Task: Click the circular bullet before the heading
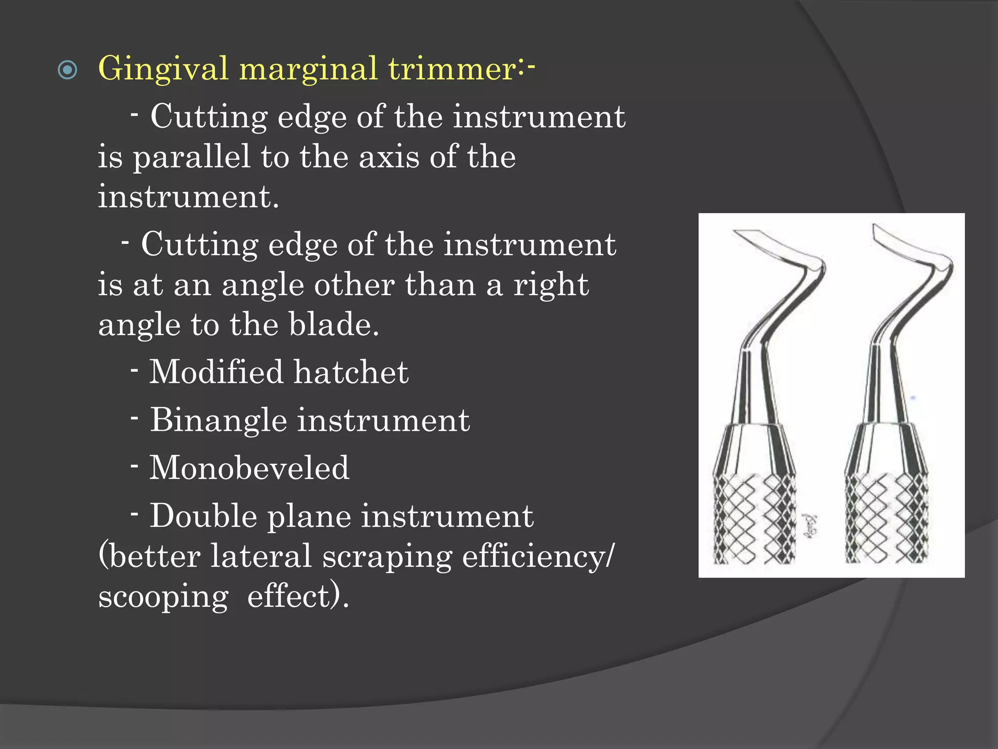67,70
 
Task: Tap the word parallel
192,158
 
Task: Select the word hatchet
351,372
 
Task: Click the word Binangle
218,420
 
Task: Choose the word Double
203,516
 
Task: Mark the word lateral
261,556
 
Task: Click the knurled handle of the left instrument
754,519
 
